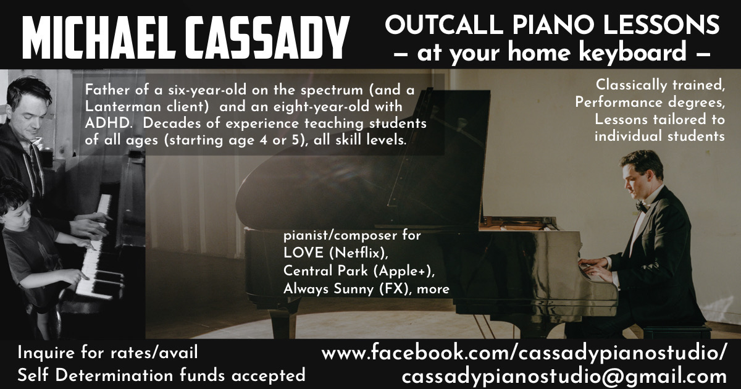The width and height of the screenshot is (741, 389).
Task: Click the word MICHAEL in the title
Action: (x=99, y=38)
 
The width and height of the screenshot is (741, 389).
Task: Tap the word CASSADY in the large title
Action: (x=267, y=38)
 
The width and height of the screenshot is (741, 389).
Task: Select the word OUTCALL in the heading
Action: (x=444, y=25)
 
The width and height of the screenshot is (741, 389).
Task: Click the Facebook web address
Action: (x=524, y=353)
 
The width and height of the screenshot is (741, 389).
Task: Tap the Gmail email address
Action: (x=564, y=376)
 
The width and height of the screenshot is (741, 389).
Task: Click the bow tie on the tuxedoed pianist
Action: (x=642, y=207)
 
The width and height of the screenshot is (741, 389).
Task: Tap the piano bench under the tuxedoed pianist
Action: (x=675, y=332)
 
